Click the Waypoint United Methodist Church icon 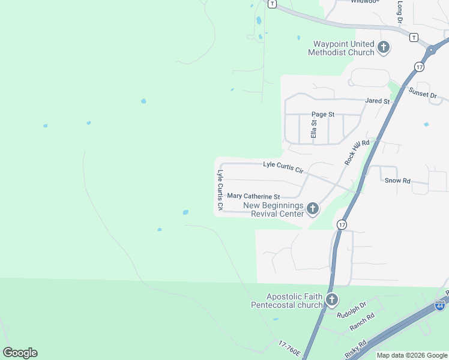pos(384,47)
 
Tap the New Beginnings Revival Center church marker pos(312,209)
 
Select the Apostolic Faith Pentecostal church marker pos(331,299)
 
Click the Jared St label pos(378,101)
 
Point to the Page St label pos(322,114)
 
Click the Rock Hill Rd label pos(357,151)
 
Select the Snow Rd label pos(397,180)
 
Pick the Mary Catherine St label pos(253,196)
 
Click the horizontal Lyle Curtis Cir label pos(284,167)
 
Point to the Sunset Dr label pos(423,93)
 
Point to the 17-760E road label pos(290,347)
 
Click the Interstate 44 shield pos(440,305)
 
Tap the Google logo pos(20,353)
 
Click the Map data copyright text pos(412,355)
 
